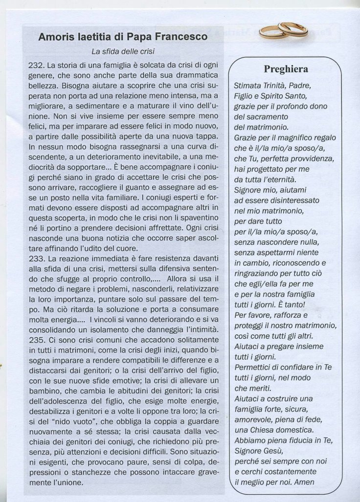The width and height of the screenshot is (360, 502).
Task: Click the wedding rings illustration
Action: (284, 30)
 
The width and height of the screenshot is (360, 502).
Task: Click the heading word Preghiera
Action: (286, 68)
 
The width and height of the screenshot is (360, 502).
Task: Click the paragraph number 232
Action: (37, 65)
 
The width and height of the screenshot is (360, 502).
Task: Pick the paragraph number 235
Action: (37, 339)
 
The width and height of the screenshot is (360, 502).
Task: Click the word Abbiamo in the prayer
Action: (250, 440)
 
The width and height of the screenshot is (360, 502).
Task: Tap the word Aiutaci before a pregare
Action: (248, 346)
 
